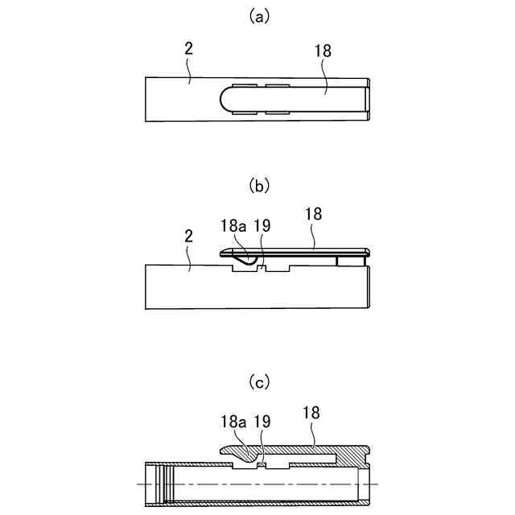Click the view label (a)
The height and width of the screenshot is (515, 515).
(x=257, y=16)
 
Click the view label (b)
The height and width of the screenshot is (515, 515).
(x=257, y=186)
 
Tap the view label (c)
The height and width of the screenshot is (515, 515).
(x=257, y=383)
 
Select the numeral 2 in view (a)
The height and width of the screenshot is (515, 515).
(x=187, y=48)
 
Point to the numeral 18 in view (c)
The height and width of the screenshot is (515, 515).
(x=311, y=412)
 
